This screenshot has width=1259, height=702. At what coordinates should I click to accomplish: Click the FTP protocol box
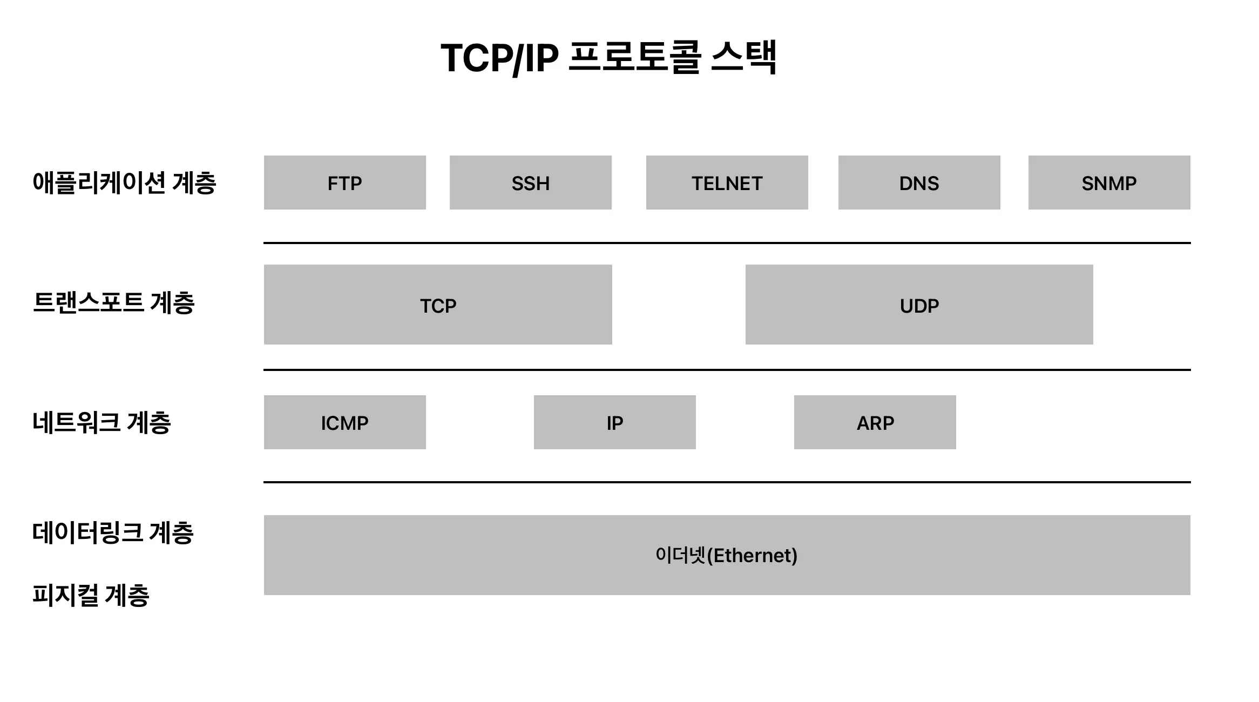tap(344, 183)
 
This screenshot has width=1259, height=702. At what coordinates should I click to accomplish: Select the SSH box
tap(530, 183)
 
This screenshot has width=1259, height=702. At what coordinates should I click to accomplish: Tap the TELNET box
tap(727, 183)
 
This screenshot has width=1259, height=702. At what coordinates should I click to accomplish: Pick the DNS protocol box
tap(919, 183)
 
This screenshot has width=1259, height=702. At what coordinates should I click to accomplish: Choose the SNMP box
tap(1109, 183)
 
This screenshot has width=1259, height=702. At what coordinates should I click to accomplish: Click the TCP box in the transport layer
tap(438, 305)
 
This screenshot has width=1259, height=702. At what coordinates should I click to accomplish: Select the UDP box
tap(919, 305)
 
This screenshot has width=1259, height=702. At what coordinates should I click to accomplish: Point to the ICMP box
tap(344, 422)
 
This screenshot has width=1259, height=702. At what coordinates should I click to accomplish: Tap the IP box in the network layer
tap(614, 422)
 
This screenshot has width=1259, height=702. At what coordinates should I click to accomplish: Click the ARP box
tap(875, 422)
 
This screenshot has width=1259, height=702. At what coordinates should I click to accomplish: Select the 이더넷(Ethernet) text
tap(726, 555)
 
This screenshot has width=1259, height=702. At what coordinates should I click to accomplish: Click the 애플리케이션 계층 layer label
tap(124, 183)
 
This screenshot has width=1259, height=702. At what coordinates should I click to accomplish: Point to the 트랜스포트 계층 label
tap(113, 302)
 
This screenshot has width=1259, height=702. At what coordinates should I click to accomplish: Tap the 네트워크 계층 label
tap(101, 422)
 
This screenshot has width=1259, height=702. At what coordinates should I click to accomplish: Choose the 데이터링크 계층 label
tap(112, 532)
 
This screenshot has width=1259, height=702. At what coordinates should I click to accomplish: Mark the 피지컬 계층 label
tap(91, 595)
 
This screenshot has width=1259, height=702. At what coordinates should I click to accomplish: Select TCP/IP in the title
tap(499, 57)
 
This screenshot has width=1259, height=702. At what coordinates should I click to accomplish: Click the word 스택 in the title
tap(743, 57)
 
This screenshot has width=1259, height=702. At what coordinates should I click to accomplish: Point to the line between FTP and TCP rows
tap(727, 243)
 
